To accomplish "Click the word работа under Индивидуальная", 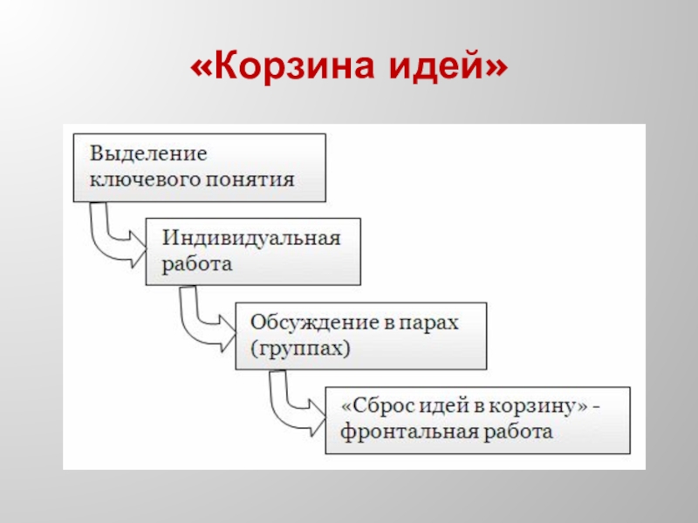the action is tap(196, 264).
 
